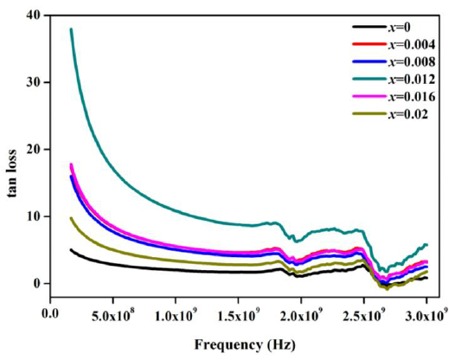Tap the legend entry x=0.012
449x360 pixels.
point(406,80)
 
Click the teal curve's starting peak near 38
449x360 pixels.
point(71,29)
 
